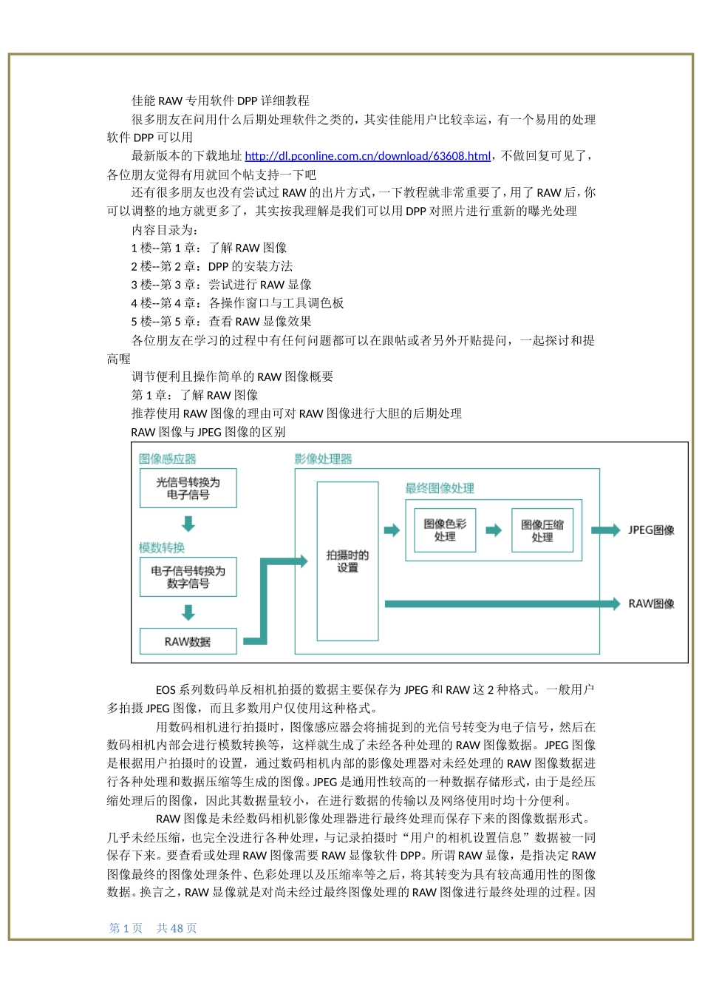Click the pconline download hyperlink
(x=367, y=156)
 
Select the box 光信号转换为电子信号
(x=188, y=488)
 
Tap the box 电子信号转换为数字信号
(x=188, y=577)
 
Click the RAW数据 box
(x=188, y=641)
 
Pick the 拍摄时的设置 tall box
(x=347, y=561)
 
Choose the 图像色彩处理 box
(x=445, y=530)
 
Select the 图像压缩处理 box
(x=542, y=530)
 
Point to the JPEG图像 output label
(x=651, y=530)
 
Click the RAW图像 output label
(x=651, y=603)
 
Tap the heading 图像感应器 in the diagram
(x=168, y=459)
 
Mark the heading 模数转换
(x=162, y=548)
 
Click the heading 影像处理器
(x=323, y=459)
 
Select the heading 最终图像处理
(x=440, y=488)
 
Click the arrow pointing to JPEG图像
(x=606, y=530)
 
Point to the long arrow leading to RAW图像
(x=502, y=603)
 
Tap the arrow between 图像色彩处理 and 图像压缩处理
(x=494, y=530)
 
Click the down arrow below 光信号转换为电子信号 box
(x=188, y=524)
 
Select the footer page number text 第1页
(x=126, y=928)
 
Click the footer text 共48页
(x=177, y=928)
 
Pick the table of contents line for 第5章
(x=221, y=322)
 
